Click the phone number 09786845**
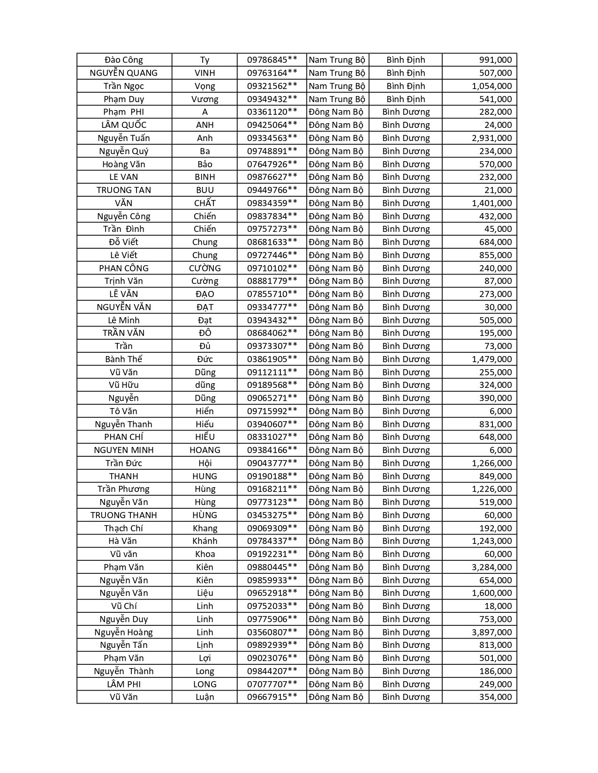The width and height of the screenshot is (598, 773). tap(272, 60)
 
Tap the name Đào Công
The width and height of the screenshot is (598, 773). tap(124, 60)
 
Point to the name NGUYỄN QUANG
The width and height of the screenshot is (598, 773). tap(124, 73)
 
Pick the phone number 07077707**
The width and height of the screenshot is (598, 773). tap(272, 684)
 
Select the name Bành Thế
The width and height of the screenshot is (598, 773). tap(124, 359)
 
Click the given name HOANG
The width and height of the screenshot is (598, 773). tap(205, 450)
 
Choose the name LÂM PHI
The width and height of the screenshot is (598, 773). tap(124, 684)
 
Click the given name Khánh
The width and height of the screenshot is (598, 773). tap(205, 541)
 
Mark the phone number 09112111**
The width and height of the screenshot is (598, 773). tap(272, 372)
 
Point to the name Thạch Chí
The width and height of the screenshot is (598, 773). tap(124, 528)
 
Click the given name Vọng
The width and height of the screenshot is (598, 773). tap(205, 86)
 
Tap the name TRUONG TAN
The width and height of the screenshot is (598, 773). tap(124, 190)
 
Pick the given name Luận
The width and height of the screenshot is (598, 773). tap(205, 697)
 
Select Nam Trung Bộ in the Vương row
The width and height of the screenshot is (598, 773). tap(337, 99)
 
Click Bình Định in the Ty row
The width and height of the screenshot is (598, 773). tap(406, 60)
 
